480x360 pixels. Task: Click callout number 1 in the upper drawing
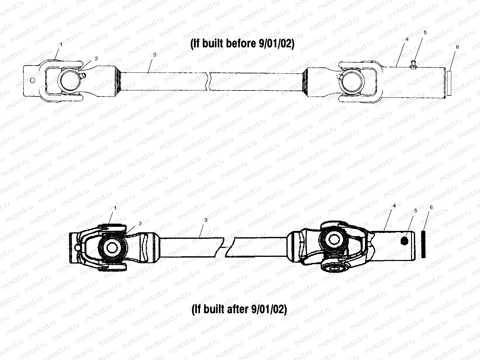pos(61,45)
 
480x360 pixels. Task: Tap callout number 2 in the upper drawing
pos(96,58)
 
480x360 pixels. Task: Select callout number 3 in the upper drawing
pos(154,54)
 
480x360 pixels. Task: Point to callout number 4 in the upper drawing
pos(407,39)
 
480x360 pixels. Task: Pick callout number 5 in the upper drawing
pos(425,33)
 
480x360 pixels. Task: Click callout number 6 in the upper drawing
pos(457,47)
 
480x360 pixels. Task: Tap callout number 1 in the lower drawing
pos(115,208)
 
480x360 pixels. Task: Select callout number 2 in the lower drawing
pos(140,223)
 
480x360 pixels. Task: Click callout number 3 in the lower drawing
pos(206,220)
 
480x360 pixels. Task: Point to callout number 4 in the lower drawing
pos(394,206)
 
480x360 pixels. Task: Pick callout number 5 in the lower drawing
pos(415,210)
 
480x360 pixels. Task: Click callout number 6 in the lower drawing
pos(431,207)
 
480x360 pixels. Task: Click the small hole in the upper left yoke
pos(32,80)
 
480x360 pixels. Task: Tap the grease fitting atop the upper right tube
pos(412,65)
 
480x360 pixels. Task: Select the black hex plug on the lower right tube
pos(404,241)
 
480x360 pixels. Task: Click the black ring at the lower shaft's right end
pos(423,244)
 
